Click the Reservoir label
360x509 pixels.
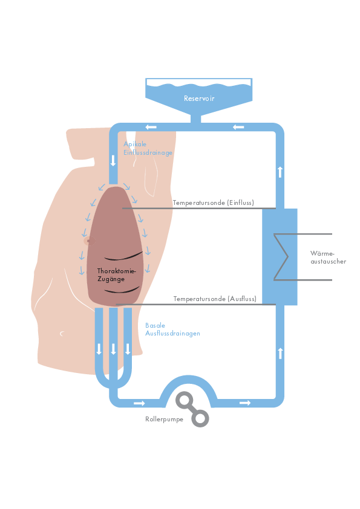click(199, 99)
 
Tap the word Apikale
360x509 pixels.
click(135, 144)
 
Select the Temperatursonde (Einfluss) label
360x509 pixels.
click(213, 203)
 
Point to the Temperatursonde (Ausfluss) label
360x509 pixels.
click(215, 299)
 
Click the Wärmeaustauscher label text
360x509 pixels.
click(328, 258)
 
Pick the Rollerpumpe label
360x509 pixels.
click(164, 419)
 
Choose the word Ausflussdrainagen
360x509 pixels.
click(172, 333)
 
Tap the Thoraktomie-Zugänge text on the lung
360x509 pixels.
click(116, 275)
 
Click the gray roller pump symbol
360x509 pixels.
click(192, 409)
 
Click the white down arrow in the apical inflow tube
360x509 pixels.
click(113, 160)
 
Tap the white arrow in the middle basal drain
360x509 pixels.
click(113, 349)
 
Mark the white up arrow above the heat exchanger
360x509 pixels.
click(280, 172)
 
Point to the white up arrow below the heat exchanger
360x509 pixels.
click(280, 353)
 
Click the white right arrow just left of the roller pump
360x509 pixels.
click(139, 403)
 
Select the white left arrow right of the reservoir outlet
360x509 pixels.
click(238, 127)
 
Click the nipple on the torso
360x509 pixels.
click(89, 241)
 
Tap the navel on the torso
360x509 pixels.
click(62, 333)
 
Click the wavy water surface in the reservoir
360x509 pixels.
click(199, 85)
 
